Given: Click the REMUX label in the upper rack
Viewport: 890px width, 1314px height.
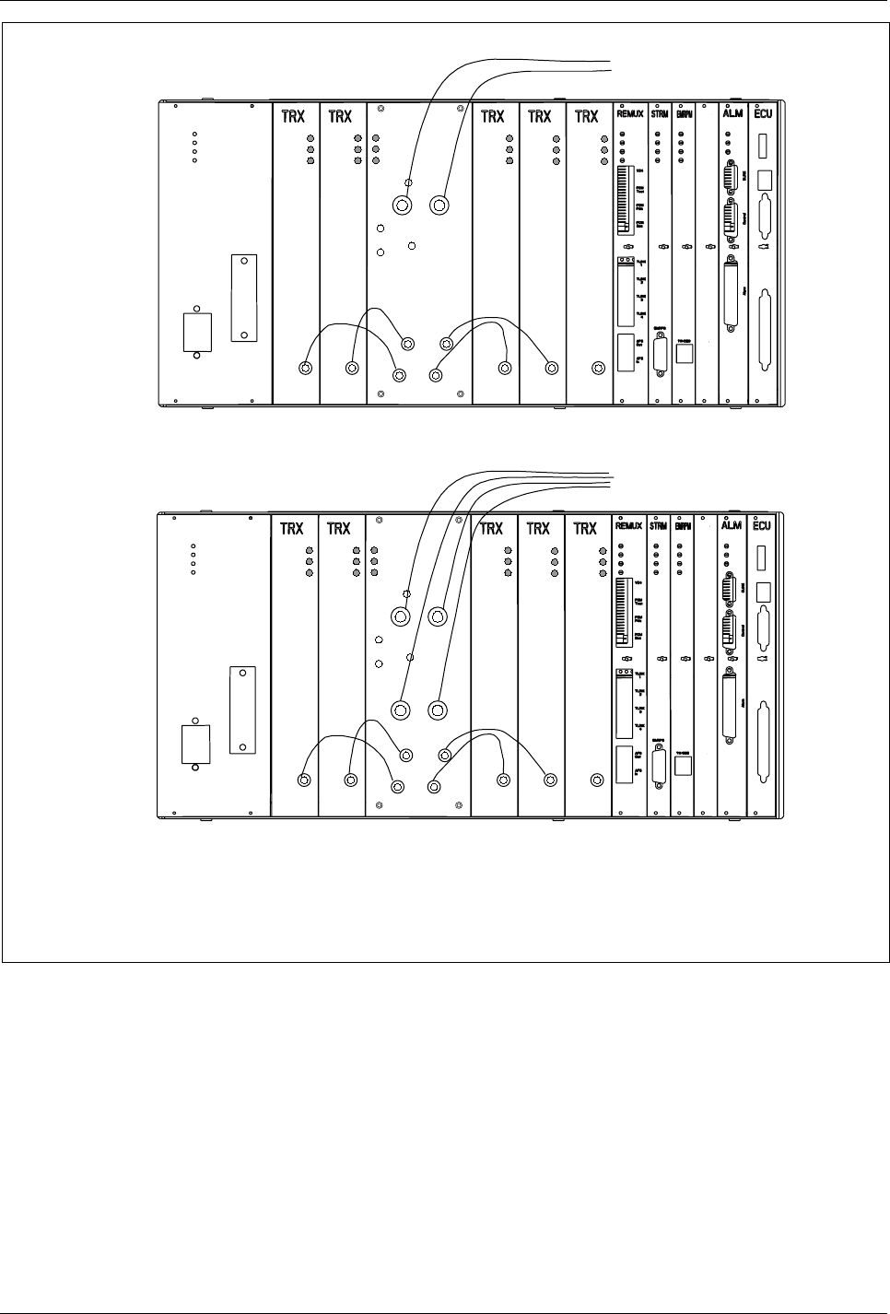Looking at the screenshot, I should (x=632, y=116).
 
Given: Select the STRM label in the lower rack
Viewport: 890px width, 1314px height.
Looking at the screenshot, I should (x=659, y=528).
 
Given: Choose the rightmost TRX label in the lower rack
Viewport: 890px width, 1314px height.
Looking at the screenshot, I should (x=586, y=529).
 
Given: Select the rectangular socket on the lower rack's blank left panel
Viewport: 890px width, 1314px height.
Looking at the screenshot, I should (x=196, y=745).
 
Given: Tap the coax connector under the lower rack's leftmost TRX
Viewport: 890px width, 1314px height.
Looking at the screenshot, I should (x=304, y=780).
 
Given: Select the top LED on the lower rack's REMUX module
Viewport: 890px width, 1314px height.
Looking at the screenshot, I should (x=622, y=546).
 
